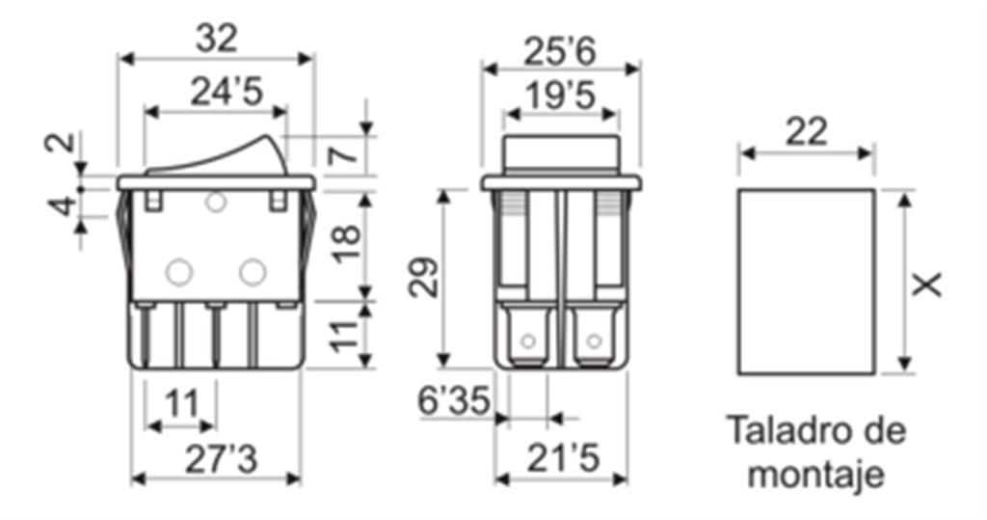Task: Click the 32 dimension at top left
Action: coord(217,39)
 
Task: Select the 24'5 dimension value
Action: coord(226,92)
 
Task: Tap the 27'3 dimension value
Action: coord(221,459)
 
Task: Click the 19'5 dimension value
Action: coord(560,96)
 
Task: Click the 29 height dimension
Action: coord(423,277)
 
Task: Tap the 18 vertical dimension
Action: coord(347,244)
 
